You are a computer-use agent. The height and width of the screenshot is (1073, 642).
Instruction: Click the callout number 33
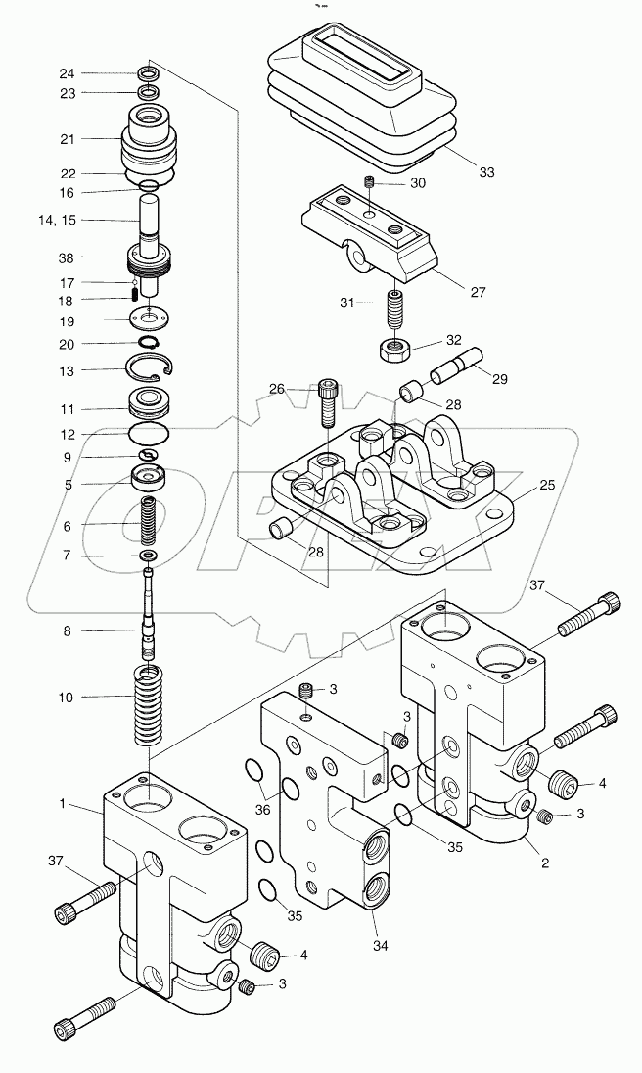coord(486,172)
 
